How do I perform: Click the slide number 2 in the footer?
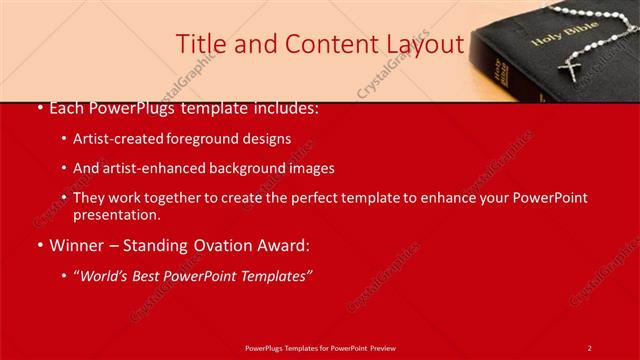tap(590, 347)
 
